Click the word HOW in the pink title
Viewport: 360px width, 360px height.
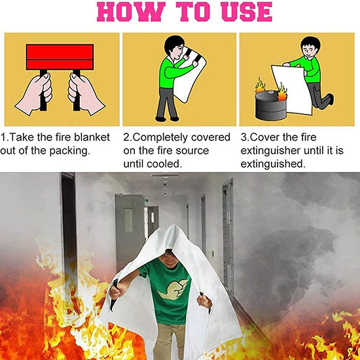click(x=130, y=12)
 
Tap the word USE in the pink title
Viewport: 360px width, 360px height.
click(x=247, y=12)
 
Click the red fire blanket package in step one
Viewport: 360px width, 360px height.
click(x=60, y=57)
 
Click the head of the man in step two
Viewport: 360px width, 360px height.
click(x=175, y=46)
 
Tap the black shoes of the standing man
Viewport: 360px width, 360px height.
click(x=167, y=119)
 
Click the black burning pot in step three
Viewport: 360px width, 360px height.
click(x=271, y=105)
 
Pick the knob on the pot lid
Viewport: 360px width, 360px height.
click(x=271, y=92)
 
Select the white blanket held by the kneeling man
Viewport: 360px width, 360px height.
click(x=291, y=90)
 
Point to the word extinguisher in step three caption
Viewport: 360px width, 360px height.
click(x=270, y=151)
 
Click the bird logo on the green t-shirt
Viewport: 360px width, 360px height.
click(x=171, y=290)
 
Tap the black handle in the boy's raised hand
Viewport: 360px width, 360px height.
click(x=114, y=295)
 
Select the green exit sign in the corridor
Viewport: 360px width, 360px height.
click(x=146, y=201)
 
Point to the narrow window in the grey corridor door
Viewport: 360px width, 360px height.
click(x=128, y=220)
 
